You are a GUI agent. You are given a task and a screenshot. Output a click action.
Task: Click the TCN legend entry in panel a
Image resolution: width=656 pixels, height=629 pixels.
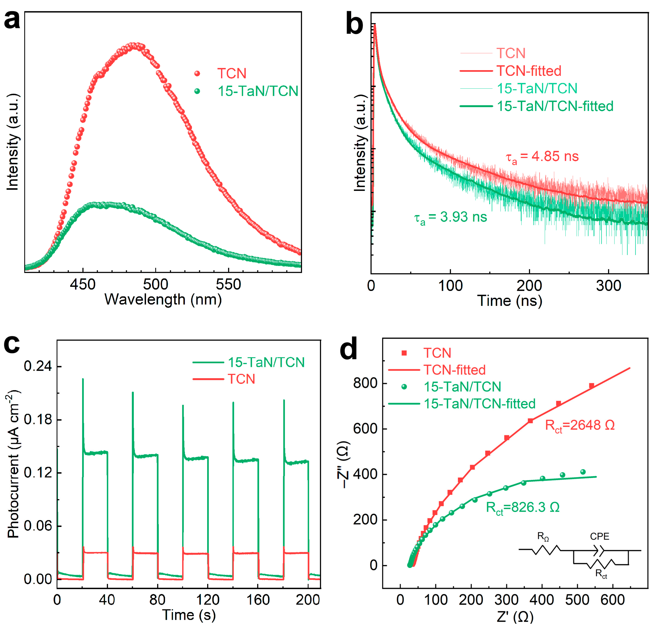(232, 73)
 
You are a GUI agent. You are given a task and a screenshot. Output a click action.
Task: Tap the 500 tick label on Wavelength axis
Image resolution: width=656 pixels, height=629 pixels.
(155, 285)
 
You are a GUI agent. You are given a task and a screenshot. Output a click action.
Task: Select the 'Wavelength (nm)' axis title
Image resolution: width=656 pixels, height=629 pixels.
(163, 299)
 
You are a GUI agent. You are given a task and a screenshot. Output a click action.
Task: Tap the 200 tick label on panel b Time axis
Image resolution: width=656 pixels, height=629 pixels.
(529, 286)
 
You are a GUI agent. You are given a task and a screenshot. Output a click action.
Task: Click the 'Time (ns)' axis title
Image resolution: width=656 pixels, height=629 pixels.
(509, 301)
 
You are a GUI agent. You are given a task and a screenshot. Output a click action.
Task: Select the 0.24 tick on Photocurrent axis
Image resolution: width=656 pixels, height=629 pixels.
(38, 366)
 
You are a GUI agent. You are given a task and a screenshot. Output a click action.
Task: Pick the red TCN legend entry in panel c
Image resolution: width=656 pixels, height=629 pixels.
(241, 379)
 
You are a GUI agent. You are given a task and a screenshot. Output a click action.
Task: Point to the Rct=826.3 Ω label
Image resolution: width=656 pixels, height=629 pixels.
(522, 507)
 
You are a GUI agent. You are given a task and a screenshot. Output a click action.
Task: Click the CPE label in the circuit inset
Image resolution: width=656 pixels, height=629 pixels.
(599, 536)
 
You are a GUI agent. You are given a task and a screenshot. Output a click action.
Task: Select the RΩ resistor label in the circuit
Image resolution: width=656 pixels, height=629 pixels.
(543, 536)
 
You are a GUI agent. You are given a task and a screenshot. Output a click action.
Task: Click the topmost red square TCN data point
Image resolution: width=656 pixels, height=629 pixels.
(591, 386)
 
